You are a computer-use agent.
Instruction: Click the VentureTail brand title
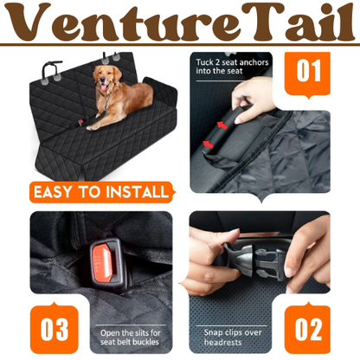180,22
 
